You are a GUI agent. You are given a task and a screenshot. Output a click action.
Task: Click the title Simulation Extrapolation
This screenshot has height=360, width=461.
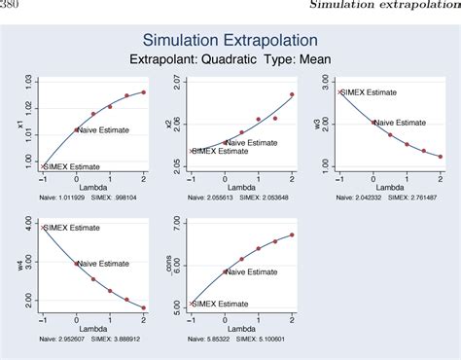(x=230, y=41)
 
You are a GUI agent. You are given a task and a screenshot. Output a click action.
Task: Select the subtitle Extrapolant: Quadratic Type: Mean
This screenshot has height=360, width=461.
(x=230, y=59)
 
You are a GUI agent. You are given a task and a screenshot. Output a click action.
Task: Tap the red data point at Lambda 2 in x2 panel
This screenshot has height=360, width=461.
(x=292, y=94)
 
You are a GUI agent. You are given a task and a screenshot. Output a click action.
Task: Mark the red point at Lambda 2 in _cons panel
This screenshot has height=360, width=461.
(x=292, y=234)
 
